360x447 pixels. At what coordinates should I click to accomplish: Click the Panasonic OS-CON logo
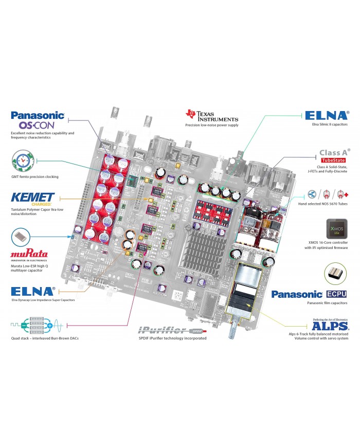click(x=37, y=120)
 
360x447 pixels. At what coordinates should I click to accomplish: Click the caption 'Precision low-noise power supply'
click(x=212, y=125)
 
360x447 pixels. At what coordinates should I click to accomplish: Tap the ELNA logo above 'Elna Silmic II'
click(x=327, y=116)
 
